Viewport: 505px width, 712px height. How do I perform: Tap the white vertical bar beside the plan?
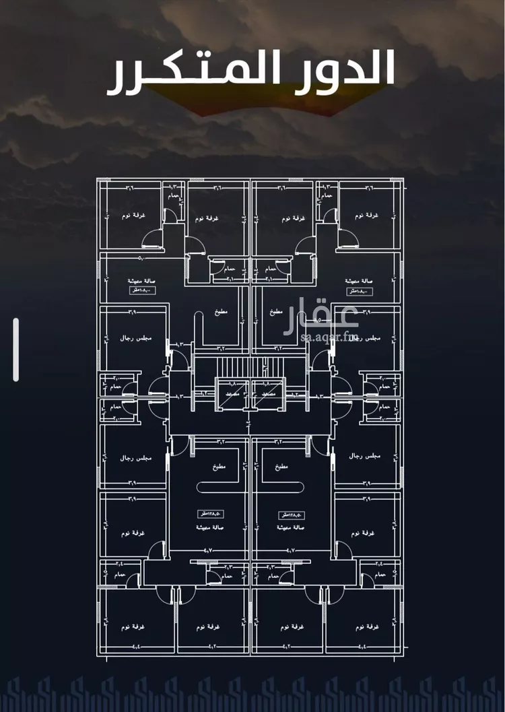(15, 350)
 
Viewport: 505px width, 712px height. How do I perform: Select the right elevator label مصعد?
(269, 392)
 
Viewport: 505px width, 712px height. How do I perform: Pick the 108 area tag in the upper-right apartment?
(361, 291)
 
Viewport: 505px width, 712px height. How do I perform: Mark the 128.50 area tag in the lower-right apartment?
(291, 515)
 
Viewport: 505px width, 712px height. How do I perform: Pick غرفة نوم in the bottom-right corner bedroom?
(367, 626)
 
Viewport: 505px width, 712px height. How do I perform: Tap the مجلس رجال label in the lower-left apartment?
(136, 458)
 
